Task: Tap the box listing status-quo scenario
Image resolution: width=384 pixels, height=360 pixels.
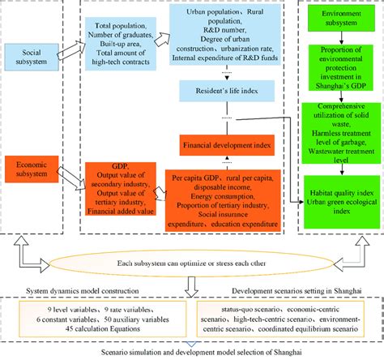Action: coord(286,320)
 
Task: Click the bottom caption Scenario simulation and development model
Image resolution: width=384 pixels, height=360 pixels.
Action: coord(192,353)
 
